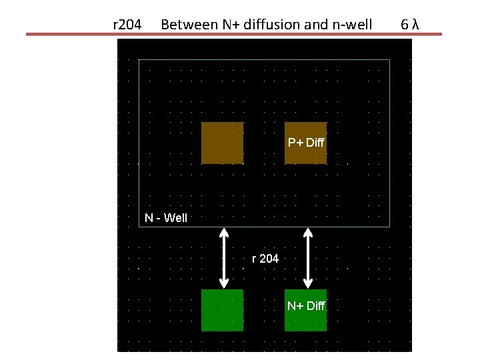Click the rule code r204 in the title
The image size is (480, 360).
127,25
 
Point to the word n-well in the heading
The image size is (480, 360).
351,25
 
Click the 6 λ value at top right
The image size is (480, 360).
410,25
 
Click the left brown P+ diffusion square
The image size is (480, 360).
222,143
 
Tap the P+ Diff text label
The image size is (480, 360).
306,143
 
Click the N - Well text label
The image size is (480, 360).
167,218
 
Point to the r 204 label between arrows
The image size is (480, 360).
265,258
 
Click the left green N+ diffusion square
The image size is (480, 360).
222,310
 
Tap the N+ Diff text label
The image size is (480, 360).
306,306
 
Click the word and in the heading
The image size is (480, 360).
316,25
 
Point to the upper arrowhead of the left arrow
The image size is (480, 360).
224,233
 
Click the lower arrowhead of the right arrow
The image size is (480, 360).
307,283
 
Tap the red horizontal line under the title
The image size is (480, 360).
233,34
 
